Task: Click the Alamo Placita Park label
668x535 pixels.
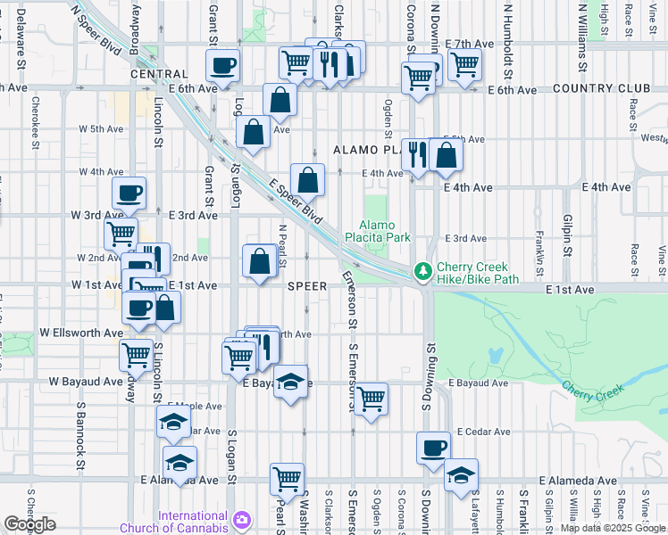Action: tap(384, 232)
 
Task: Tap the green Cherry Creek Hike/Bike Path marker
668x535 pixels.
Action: tap(421, 270)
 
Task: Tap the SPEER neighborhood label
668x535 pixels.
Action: tap(307, 286)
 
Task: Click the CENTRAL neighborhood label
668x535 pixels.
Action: tap(158, 75)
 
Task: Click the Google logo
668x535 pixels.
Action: tap(29, 524)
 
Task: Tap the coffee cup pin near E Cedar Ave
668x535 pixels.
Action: tap(433, 447)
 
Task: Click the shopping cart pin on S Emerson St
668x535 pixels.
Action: tap(371, 399)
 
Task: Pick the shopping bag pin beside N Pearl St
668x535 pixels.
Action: tap(259, 261)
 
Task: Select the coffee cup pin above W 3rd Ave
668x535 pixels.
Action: tap(129, 193)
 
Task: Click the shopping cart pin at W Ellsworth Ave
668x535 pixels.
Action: tap(136, 354)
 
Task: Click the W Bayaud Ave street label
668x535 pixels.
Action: tap(86, 382)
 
